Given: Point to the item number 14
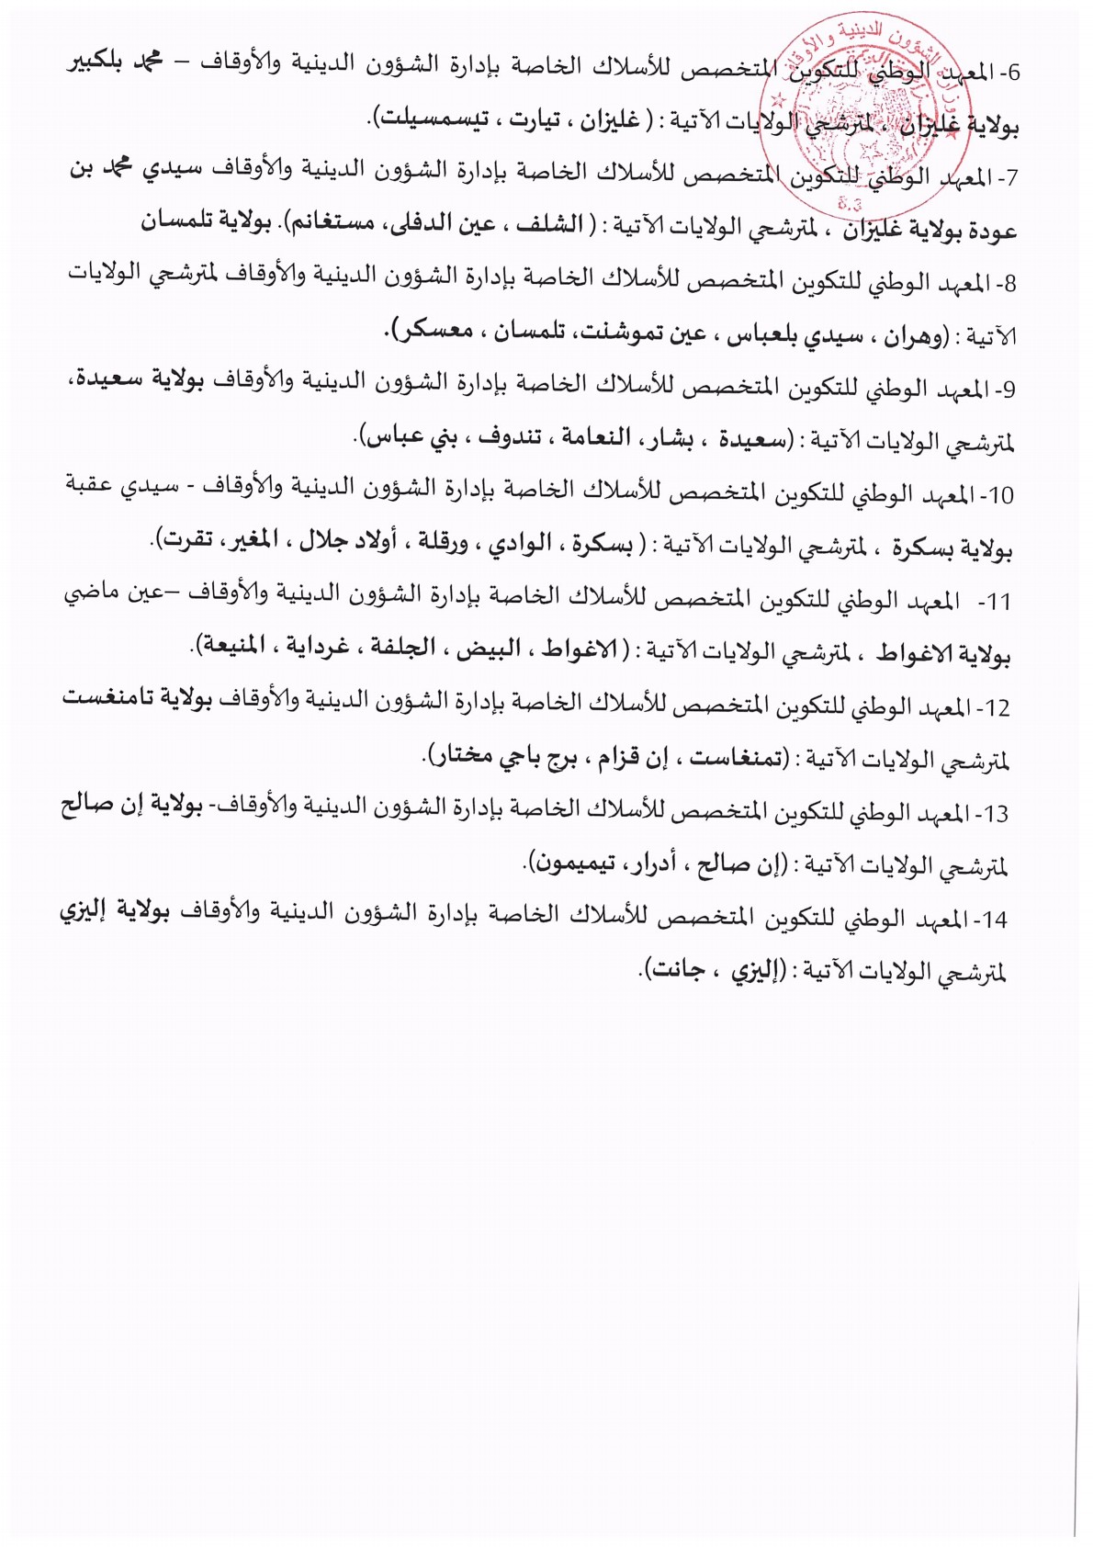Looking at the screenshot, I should (x=996, y=920).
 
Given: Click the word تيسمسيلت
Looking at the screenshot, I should (x=429, y=119).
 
